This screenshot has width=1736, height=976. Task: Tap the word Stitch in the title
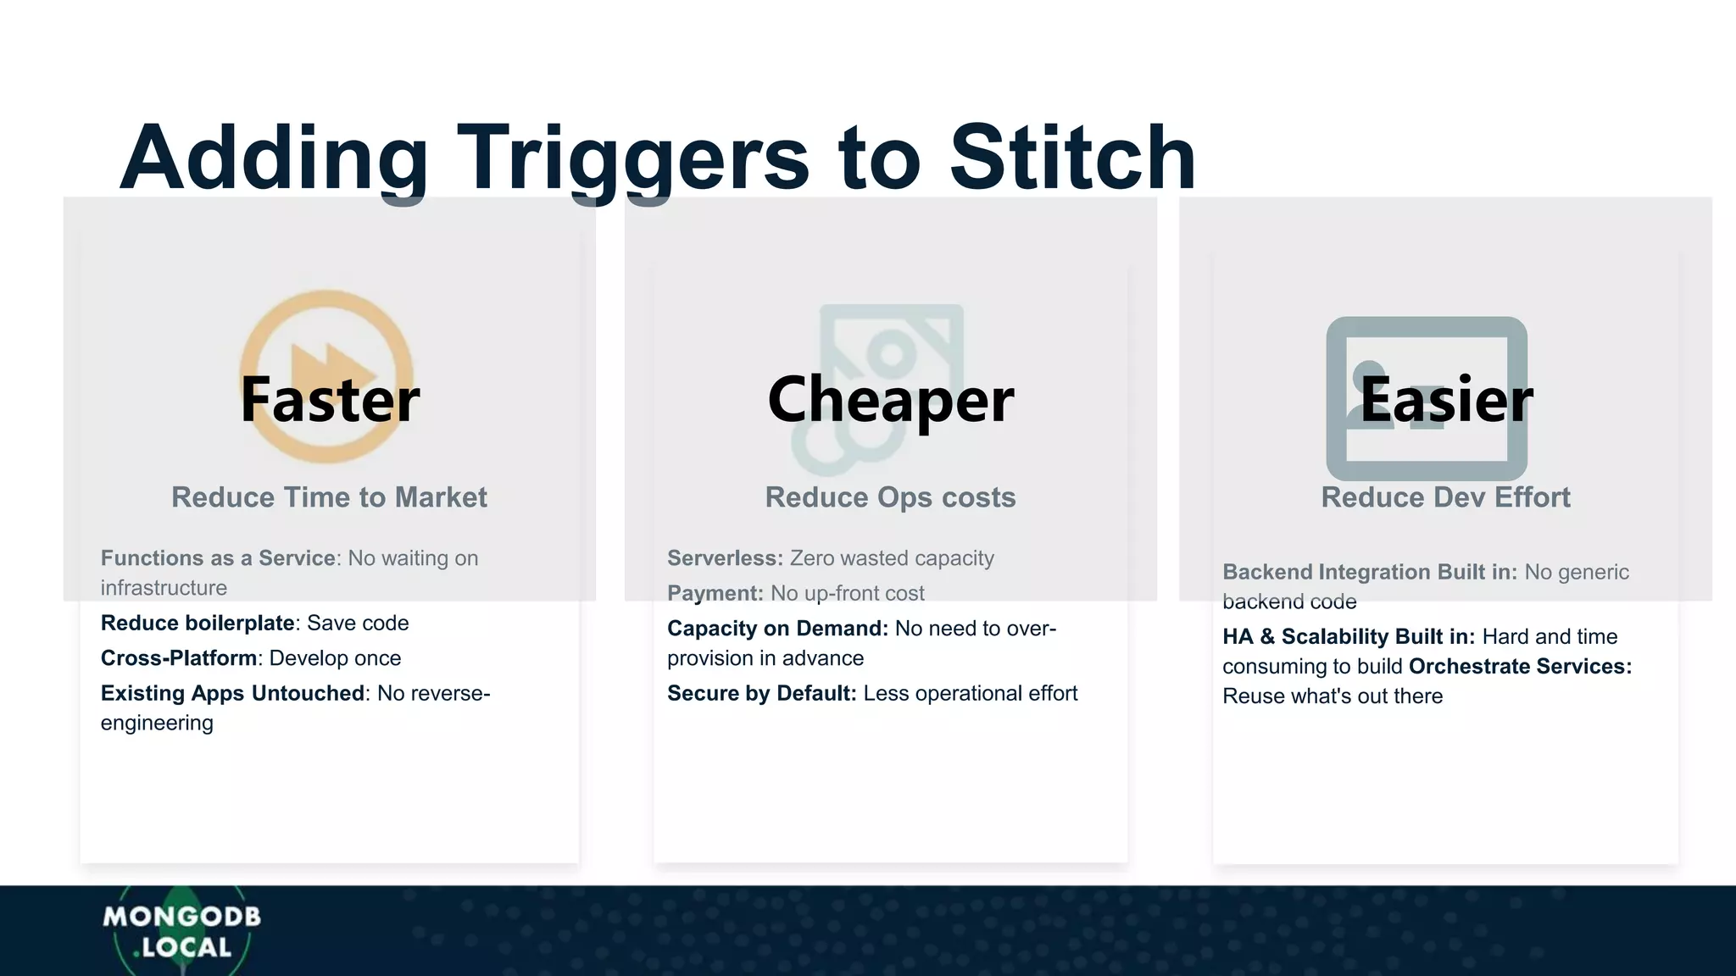[x=1072, y=158]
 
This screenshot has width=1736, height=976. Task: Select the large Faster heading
[x=330, y=399]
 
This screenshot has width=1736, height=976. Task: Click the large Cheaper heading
[x=890, y=399]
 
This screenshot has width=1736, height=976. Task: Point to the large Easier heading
[x=1446, y=399]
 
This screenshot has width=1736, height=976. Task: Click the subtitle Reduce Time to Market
[x=329, y=497]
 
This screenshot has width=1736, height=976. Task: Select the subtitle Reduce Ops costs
[x=890, y=497]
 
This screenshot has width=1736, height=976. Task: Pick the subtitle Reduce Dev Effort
[x=1445, y=497]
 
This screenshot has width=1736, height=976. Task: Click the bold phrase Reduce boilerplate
[x=198, y=623]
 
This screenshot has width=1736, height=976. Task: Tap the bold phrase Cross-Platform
[x=179, y=658]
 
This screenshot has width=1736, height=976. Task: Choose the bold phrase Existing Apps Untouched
[x=233, y=693]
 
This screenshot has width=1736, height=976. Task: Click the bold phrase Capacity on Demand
[x=777, y=629]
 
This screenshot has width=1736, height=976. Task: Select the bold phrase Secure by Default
[x=761, y=693]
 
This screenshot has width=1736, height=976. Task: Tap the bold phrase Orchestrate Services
[x=1520, y=667]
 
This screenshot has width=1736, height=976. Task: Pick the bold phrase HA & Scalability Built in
[x=1348, y=637]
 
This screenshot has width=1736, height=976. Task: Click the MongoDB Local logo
[x=181, y=931]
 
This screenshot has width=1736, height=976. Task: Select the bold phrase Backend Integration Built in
[x=1369, y=573]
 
